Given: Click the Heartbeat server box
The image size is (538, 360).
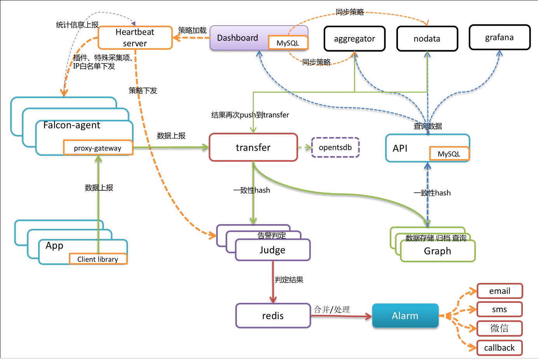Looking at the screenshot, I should (135, 38).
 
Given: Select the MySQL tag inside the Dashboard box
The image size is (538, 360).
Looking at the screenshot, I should (288, 43).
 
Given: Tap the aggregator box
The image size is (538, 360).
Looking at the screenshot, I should (354, 39).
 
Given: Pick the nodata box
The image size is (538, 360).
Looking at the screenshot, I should (427, 39).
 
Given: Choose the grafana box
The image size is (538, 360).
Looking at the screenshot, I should (499, 37).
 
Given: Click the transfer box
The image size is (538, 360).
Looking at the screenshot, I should (253, 148).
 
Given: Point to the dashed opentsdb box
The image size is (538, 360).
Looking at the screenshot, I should (335, 148).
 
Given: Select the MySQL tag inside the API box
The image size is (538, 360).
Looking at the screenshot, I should (449, 154).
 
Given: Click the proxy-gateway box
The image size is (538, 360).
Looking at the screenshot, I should (98, 148).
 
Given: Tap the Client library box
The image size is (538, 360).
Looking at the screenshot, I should (98, 259).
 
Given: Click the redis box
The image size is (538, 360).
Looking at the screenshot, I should (273, 316).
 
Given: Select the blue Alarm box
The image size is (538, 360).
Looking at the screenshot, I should (405, 316).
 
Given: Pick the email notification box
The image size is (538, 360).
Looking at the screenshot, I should (499, 291).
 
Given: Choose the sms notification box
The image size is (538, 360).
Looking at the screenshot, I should (499, 309).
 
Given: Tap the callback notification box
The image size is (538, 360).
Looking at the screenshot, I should (499, 348).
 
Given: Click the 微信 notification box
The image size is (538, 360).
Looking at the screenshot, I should (499, 328).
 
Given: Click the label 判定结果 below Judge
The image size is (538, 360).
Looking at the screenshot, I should (289, 280).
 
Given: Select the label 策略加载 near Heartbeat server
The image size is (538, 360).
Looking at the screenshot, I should (192, 30).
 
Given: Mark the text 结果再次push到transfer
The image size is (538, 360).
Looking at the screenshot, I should (250, 115).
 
